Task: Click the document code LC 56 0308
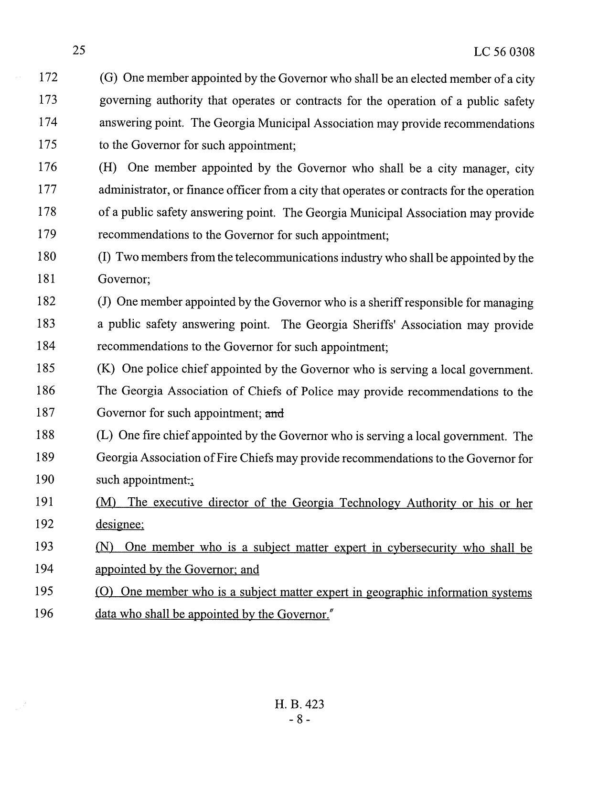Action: click(x=504, y=52)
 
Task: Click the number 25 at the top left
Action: click(x=79, y=50)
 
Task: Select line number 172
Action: click(x=48, y=77)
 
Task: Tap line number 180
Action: click(x=46, y=257)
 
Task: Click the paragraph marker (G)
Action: click(x=108, y=78)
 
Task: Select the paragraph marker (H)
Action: click(x=107, y=168)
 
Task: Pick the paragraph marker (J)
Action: click(x=104, y=302)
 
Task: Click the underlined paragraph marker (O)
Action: click(x=104, y=592)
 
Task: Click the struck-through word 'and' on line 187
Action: click(x=274, y=413)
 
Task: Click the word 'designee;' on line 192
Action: click(x=120, y=525)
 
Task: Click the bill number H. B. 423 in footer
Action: click(x=299, y=704)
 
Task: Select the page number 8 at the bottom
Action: click(x=299, y=720)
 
